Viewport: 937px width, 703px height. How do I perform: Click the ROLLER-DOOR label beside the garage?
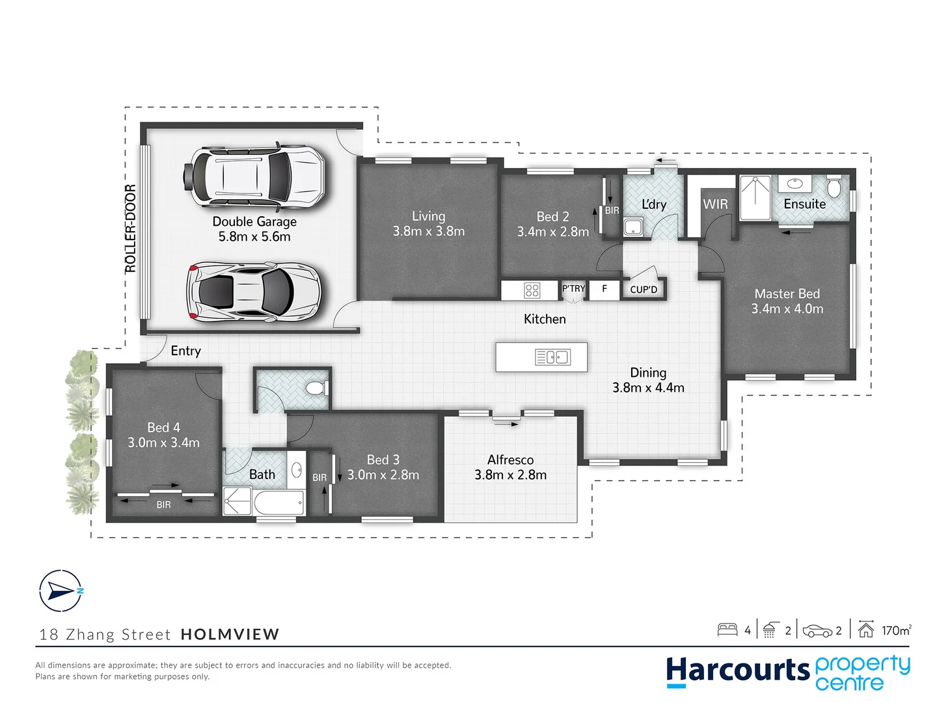[130, 228]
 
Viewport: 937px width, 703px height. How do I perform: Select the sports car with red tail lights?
[254, 292]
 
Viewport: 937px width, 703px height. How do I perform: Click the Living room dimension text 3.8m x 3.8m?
[428, 232]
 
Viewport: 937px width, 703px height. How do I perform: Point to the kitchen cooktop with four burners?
[532, 290]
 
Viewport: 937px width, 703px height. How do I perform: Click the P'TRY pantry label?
[573, 289]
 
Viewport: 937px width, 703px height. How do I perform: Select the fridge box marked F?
[604, 289]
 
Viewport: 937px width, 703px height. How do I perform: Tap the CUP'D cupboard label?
[644, 290]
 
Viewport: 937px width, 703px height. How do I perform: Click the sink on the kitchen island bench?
[553, 357]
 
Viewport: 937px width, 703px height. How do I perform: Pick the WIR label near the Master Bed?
[715, 204]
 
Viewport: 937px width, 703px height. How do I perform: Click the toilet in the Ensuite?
[834, 186]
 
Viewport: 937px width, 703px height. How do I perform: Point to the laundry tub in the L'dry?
[632, 227]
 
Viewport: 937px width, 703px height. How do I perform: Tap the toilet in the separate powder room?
[316, 389]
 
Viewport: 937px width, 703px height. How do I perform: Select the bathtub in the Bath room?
[279, 503]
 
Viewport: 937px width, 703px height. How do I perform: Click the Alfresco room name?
[510, 460]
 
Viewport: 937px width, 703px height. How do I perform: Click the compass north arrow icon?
[61, 591]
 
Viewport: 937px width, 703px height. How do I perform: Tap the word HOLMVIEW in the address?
[230, 634]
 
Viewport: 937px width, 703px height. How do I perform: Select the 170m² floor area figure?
[896, 630]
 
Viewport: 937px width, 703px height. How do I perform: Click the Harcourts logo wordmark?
[737, 670]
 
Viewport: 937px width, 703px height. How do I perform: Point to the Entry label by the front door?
[185, 351]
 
